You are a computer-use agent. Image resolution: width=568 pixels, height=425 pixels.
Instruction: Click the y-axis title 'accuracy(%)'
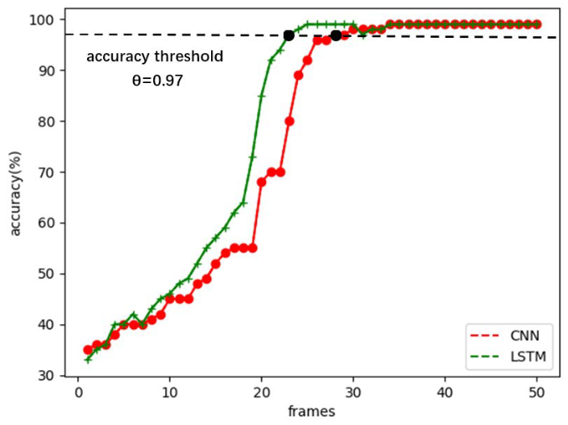point(16,196)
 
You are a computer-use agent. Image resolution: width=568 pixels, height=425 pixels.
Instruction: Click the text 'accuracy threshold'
point(155,57)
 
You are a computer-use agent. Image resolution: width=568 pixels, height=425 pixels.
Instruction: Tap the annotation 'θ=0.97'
point(159,81)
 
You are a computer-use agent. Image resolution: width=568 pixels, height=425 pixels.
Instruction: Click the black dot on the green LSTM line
point(288,35)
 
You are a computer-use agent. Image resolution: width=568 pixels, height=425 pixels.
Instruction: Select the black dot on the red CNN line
point(336,35)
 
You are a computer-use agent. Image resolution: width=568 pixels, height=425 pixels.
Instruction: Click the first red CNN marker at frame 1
point(88,350)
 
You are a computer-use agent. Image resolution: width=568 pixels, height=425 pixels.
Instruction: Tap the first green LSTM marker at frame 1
point(88,360)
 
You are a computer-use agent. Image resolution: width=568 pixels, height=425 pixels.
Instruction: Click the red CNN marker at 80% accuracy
point(289,121)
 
